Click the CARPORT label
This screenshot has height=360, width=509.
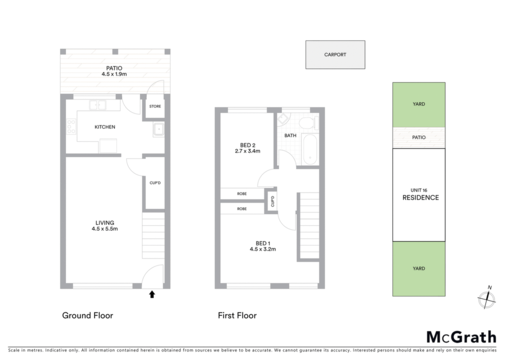[335, 55]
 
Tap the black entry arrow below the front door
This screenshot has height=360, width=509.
[152, 294]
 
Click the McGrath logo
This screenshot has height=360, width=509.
[461, 337]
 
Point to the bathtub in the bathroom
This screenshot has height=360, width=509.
[310, 150]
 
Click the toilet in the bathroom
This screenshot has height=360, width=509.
[309, 123]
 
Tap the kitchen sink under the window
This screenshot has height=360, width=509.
[98, 105]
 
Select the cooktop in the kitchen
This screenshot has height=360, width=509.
[71, 127]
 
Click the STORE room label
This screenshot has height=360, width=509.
[155, 106]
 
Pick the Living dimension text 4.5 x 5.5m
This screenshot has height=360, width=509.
[104, 229]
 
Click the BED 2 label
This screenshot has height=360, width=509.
[248, 145]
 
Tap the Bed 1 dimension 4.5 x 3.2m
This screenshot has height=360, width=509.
[262, 249]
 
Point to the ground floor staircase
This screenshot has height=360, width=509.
[154, 236]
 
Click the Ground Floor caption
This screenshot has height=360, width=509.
[87, 316]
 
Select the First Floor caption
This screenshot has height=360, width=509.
[237, 316]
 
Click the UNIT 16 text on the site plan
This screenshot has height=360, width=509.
[419, 190]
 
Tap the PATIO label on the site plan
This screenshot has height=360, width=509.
[419, 137]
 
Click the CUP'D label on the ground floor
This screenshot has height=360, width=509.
[155, 183]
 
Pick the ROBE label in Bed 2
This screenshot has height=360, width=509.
[242, 194]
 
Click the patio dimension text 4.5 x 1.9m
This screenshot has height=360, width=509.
[114, 74]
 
